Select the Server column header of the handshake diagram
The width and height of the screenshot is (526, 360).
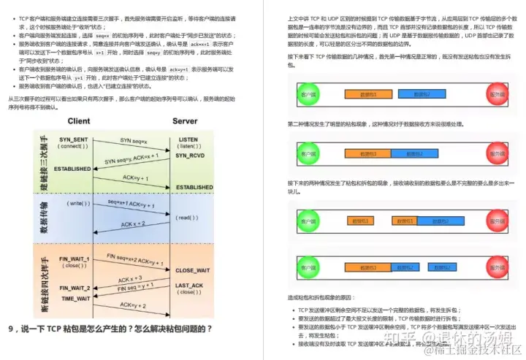point(185,120)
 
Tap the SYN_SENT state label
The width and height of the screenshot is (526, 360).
point(75,139)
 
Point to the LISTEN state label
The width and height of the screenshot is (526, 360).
point(188,139)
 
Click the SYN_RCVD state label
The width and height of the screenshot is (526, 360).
point(190,156)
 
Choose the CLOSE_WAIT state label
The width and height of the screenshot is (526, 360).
point(192,269)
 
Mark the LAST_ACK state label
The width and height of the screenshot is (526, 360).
point(189,286)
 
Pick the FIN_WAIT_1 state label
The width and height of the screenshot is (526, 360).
point(75,259)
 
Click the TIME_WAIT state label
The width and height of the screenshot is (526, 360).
point(76,299)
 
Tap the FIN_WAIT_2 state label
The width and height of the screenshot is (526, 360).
point(75,288)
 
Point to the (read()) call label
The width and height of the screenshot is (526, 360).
point(187,218)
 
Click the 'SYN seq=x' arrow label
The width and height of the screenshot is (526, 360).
point(134,139)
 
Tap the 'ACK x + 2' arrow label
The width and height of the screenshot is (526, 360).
point(132,224)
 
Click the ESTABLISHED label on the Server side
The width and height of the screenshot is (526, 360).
point(194,187)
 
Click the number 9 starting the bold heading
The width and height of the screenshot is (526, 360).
point(12,329)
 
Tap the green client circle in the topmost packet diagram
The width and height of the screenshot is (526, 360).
point(308,94)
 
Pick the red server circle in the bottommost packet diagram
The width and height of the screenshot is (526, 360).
point(497,267)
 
